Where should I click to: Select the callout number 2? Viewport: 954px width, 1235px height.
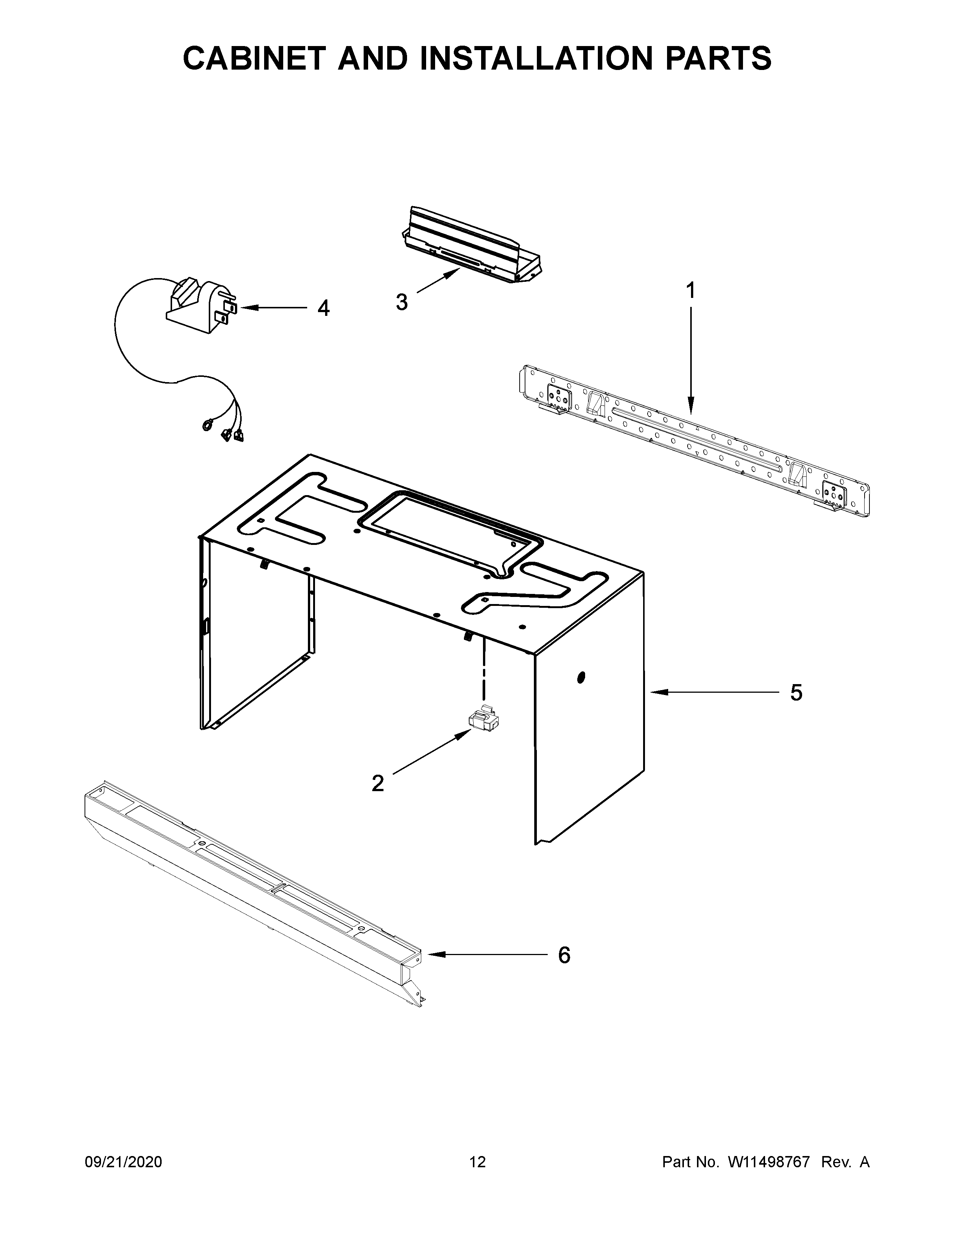(377, 783)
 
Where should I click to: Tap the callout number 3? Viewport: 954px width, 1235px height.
(402, 302)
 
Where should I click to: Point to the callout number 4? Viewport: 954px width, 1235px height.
(323, 308)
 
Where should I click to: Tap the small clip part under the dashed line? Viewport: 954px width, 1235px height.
(484, 720)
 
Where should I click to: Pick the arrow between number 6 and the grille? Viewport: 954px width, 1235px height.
(486, 955)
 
